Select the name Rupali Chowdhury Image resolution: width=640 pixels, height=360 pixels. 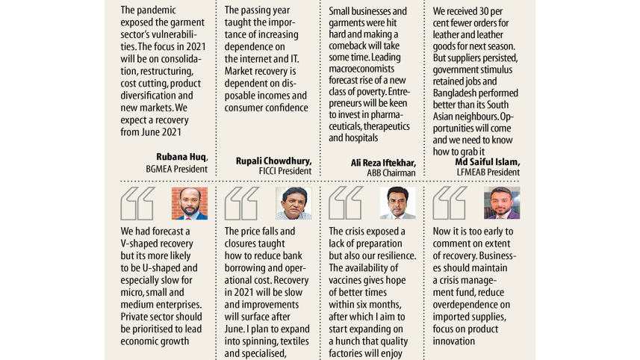tap(273, 161)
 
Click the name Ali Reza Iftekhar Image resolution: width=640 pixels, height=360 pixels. tap(383, 162)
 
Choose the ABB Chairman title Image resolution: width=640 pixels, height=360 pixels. tap(391, 173)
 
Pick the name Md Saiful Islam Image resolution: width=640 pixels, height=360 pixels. tap(488, 162)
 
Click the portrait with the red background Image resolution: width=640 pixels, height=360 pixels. tap(190, 203)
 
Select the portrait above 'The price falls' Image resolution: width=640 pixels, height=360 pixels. tap(293, 203)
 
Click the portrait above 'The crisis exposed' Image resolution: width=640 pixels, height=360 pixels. tap(397, 203)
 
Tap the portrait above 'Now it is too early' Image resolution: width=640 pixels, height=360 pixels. tap(502, 203)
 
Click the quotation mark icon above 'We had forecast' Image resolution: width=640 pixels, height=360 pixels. tap(137, 203)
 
